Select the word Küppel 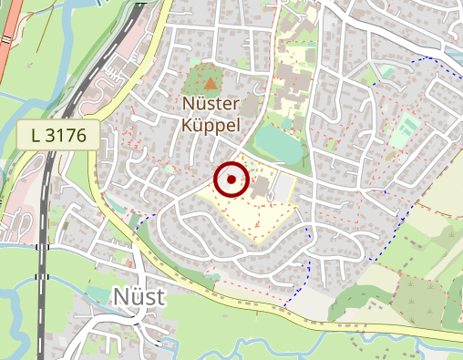point(211,125)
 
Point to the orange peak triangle point(211,84)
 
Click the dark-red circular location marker point(231,180)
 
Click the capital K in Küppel point(187,125)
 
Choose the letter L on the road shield point(36,136)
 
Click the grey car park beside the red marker point(284,188)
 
